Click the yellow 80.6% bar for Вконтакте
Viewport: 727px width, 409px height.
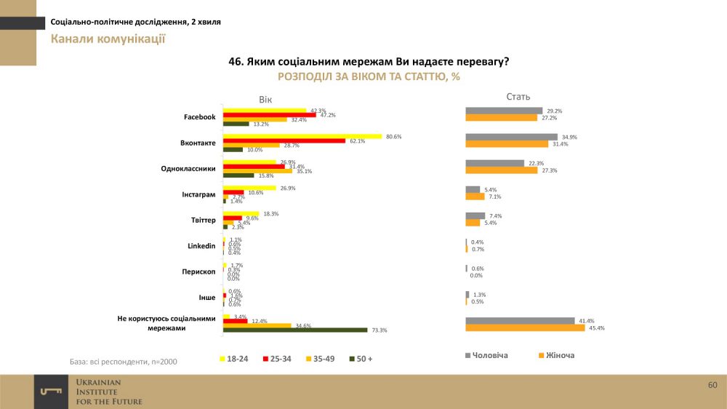(x=302, y=136)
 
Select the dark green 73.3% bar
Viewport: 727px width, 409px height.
(x=295, y=330)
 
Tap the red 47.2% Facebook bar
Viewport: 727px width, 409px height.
(x=269, y=114)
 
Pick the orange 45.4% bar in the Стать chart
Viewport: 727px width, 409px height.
(x=525, y=327)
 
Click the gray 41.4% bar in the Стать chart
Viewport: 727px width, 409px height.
(x=519, y=321)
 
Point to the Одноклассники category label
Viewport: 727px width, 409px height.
(x=188, y=169)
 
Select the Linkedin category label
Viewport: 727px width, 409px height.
(x=201, y=246)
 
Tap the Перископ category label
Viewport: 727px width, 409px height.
(x=198, y=271)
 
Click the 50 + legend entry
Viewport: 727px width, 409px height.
(x=361, y=359)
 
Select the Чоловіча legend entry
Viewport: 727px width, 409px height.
(x=486, y=355)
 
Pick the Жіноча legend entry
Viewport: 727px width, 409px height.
(x=556, y=355)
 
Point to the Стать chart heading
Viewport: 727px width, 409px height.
(x=518, y=96)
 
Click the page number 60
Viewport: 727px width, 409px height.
(x=712, y=384)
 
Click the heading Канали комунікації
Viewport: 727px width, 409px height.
(x=108, y=39)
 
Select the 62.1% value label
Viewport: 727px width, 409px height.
(x=356, y=140)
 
